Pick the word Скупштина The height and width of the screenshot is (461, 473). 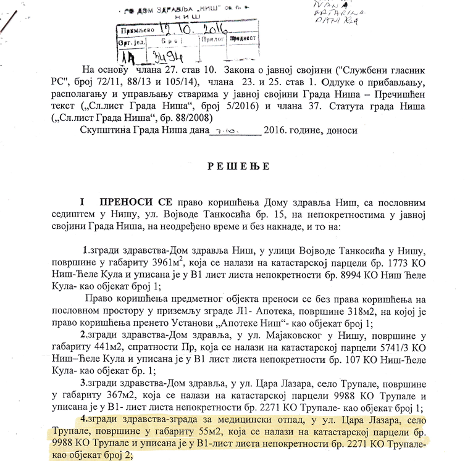point(104,130)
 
